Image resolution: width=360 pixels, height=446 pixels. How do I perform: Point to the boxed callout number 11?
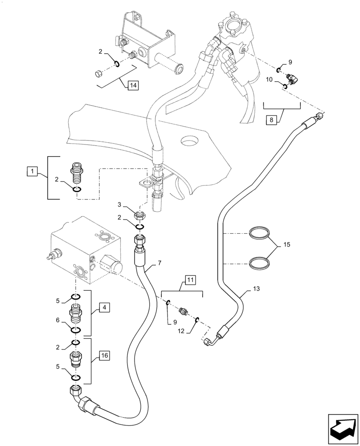point(190,281)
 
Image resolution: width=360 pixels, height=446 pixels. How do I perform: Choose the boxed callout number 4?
point(102,307)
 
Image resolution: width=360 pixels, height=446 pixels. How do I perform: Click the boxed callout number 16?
point(103,355)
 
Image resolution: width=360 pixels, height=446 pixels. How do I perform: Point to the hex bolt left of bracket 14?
point(98,73)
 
